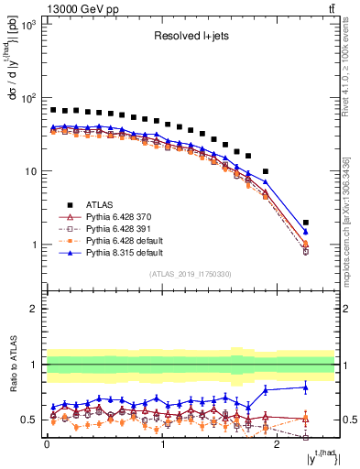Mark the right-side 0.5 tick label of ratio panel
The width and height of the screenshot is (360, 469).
click(346, 420)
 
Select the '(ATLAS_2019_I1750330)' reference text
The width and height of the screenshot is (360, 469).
click(190, 274)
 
